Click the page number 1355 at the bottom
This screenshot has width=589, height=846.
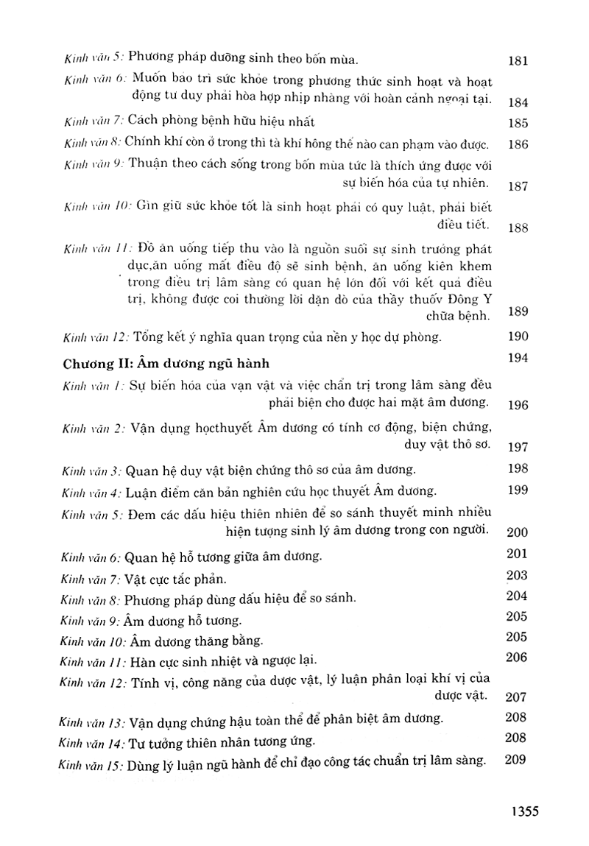tap(520, 812)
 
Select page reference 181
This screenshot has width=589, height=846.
tap(518, 61)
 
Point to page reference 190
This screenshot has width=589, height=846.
tap(518, 336)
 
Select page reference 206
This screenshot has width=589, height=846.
tap(518, 657)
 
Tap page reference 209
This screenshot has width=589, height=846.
tap(518, 760)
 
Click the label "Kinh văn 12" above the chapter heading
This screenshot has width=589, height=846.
tap(94, 338)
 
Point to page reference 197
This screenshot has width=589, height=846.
tap(518, 448)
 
